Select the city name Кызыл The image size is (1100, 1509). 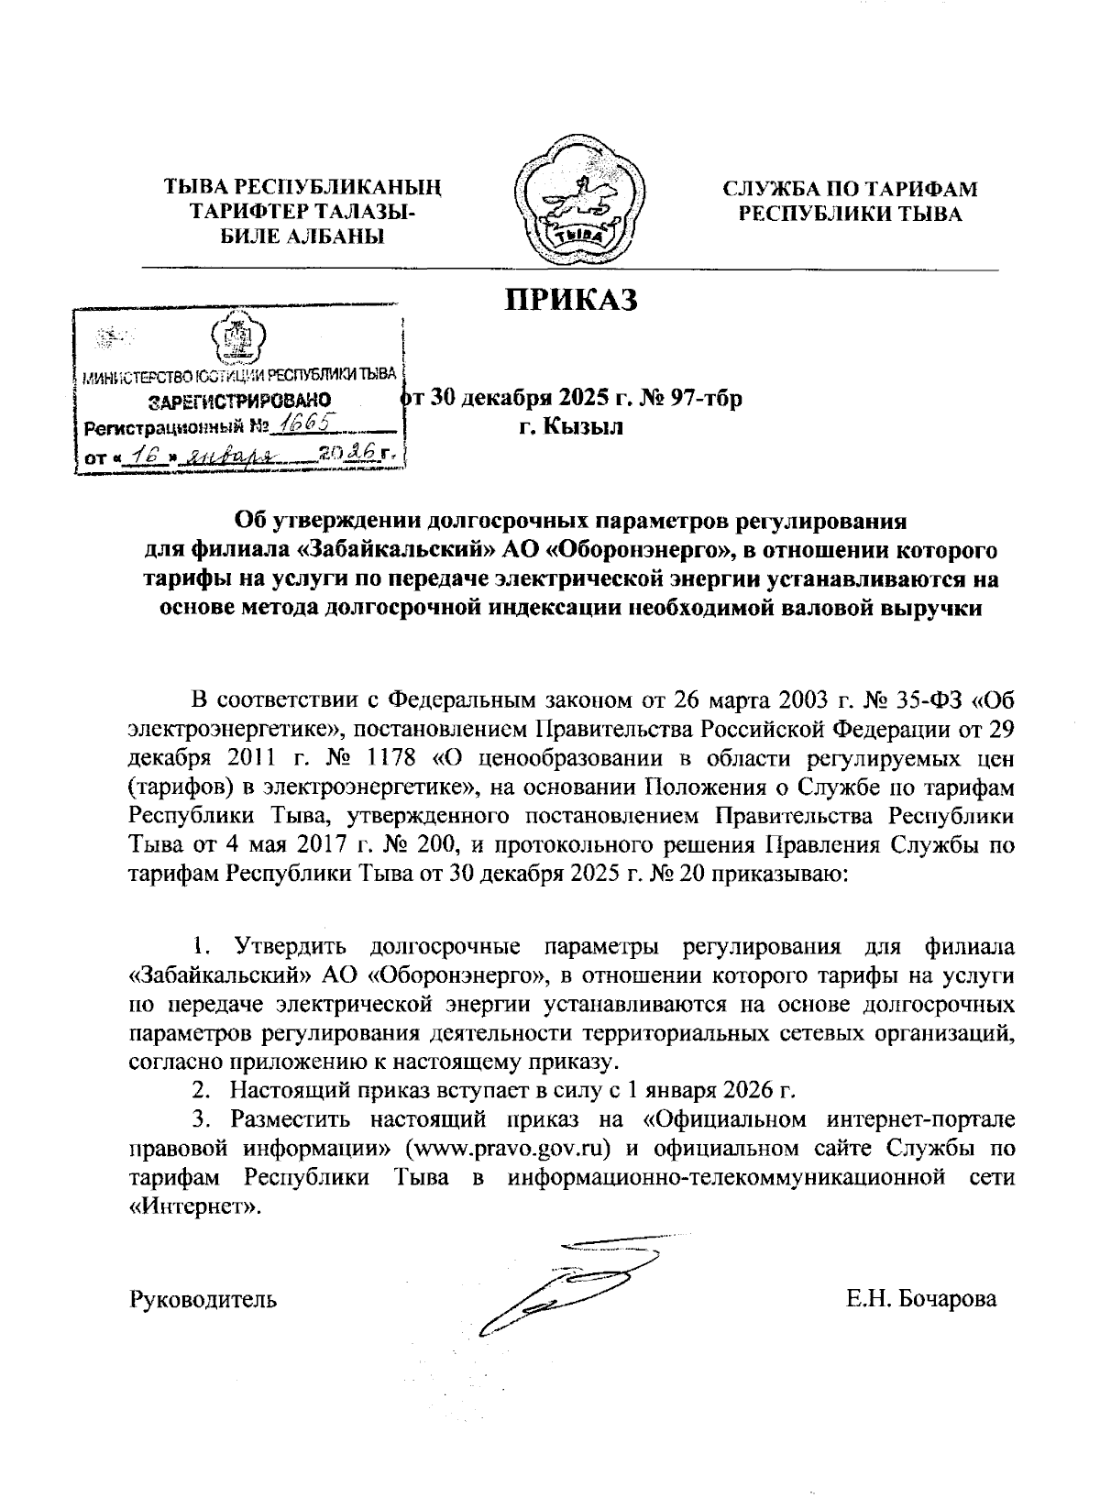pyautogui.click(x=583, y=426)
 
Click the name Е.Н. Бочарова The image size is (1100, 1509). pyautogui.click(x=922, y=1299)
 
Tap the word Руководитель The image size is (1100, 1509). pyautogui.click(x=203, y=1299)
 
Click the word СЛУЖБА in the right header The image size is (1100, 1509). pyautogui.click(x=773, y=190)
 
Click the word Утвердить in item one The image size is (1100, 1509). pyautogui.click(x=289, y=948)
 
